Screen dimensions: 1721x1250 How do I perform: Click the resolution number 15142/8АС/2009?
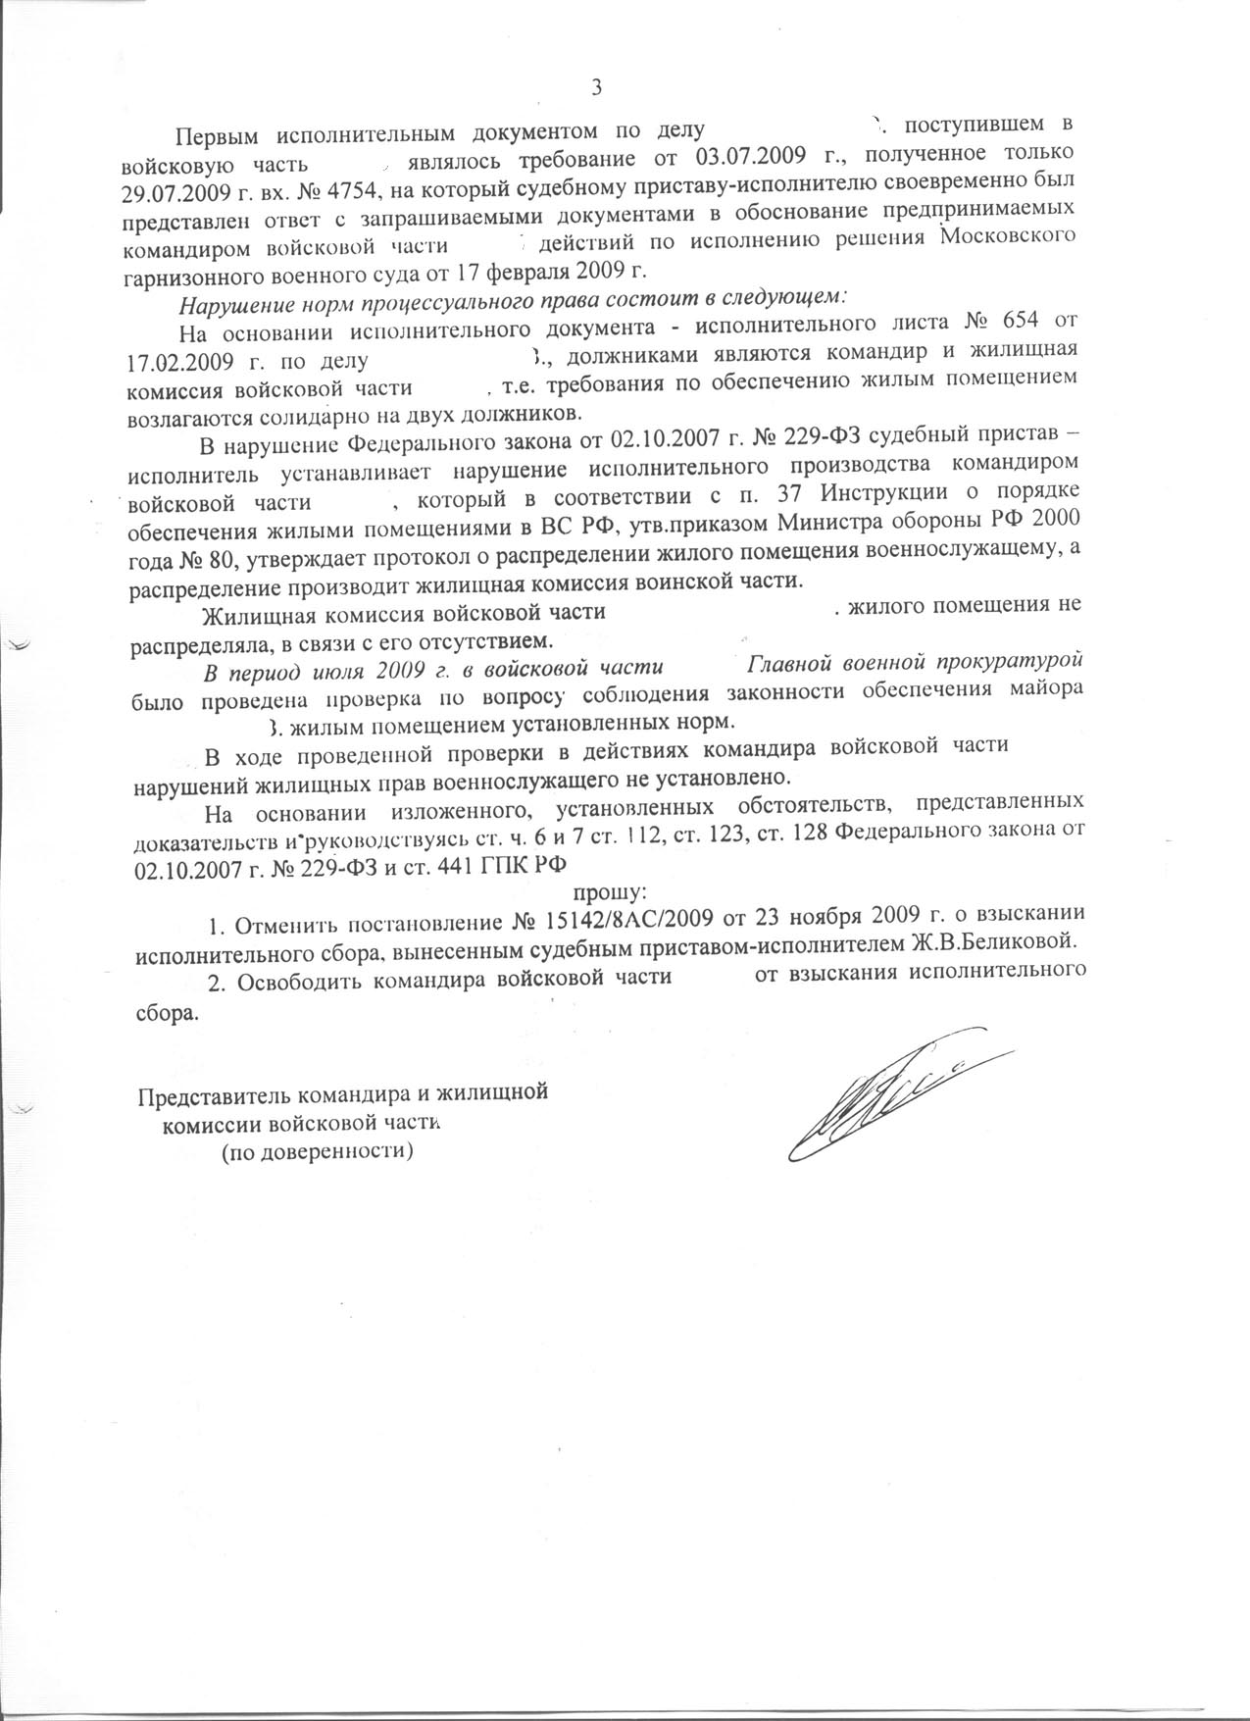(625, 921)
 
